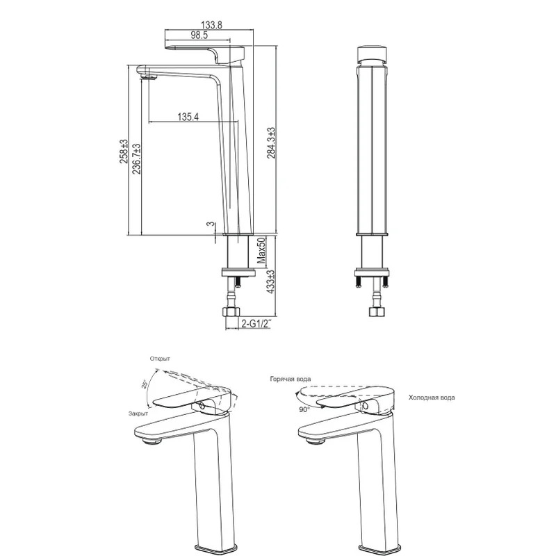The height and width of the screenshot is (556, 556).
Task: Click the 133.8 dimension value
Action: (211, 25)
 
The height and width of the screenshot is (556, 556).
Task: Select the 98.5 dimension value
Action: (199, 35)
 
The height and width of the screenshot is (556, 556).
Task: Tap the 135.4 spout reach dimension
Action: (188, 117)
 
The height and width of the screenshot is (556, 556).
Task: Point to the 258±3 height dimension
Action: (124, 152)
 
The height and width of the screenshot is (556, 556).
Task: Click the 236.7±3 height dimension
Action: (136, 159)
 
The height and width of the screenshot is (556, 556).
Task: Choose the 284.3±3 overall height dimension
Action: (271, 143)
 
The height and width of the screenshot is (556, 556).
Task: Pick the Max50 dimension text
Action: (261, 251)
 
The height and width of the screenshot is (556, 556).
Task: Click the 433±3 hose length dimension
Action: (270, 282)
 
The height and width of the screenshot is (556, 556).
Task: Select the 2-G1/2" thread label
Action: (256, 323)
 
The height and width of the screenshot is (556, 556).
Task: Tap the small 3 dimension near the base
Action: (211, 224)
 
